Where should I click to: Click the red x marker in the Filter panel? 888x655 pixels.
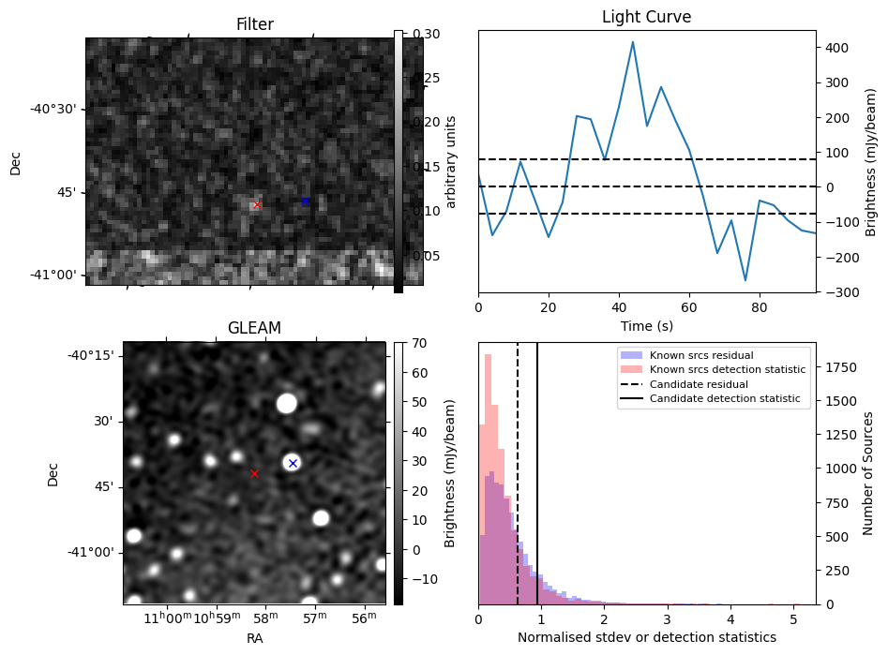pos(257,204)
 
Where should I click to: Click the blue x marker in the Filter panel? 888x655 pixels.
pos(305,201)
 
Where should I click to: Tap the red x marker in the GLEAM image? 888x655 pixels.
pos(254,474)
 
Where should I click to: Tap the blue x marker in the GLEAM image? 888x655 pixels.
pos(293,463)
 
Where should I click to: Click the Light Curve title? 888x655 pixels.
pos(646,17)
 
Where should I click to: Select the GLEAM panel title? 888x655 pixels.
pos(254,328)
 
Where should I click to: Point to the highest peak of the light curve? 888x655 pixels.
pos(633,42)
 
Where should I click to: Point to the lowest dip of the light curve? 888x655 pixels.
pos(745,280)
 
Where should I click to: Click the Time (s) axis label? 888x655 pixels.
pos(646,326)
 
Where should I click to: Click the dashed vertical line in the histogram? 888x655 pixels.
pos(518,506)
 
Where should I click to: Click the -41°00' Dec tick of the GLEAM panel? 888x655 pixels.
pos(89,553)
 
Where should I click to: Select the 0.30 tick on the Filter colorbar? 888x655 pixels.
pos(418,34)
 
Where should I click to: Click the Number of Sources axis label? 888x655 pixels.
pos(868,473)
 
